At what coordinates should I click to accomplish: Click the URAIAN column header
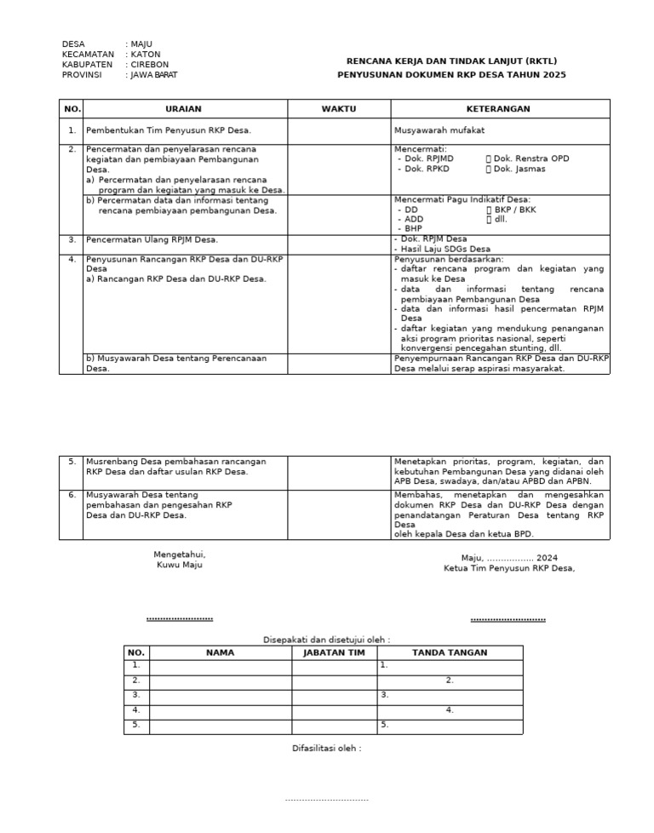(185, 109)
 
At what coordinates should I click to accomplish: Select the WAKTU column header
(338, 109)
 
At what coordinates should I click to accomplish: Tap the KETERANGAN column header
(498, 109)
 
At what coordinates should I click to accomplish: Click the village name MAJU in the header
(141, 44)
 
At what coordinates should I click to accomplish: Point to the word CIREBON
(150, 65)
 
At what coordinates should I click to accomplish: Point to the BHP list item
(413, 228)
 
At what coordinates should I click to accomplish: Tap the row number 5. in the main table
(72, 462)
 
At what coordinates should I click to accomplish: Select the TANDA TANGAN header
(450, 652)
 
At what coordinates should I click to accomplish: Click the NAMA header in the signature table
(220, 652)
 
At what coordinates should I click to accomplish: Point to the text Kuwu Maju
(179, 565)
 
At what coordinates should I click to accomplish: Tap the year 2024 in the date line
(547, 558)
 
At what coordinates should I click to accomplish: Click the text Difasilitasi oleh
(326, 749)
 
